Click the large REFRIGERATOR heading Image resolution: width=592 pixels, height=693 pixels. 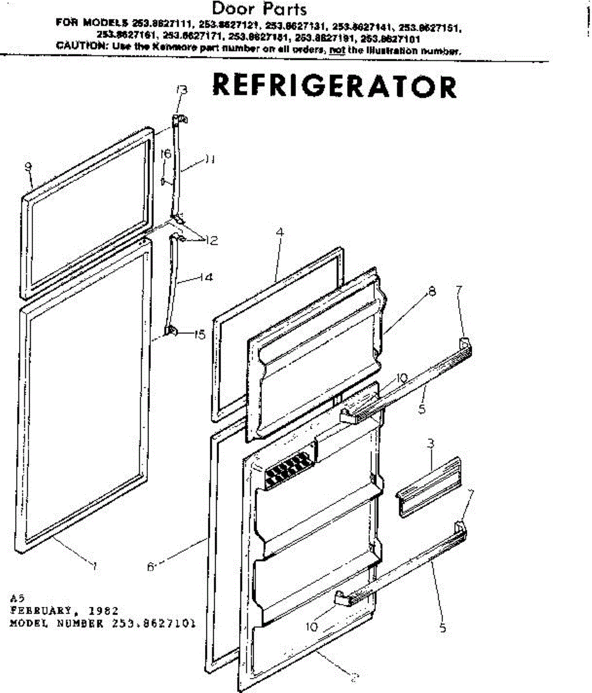pos(334,87)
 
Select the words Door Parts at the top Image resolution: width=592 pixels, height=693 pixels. pos(259,9)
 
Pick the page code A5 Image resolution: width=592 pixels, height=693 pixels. pos(16,599)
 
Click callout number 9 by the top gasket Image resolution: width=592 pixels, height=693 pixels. pos(28,167)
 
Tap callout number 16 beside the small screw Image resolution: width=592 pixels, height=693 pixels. pos(166,155)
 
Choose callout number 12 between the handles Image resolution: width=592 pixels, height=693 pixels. pos(211,241)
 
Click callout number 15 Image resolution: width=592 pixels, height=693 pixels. pos(200,334)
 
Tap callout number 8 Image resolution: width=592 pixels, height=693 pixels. pos(431,292)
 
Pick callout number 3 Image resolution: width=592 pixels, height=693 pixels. pos(431,444)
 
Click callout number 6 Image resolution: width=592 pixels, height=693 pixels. pos(150,567)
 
